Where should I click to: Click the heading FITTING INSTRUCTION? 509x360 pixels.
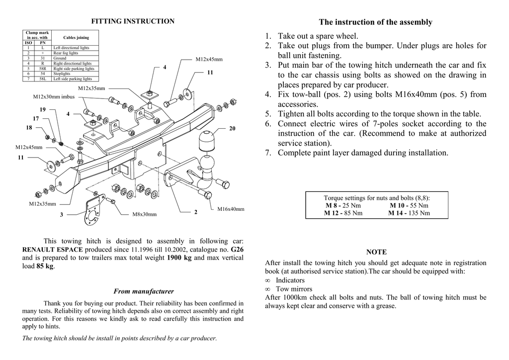[132, 21]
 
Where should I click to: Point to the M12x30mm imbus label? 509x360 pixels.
[53, 97]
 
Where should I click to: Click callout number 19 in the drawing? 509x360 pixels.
[42, 109]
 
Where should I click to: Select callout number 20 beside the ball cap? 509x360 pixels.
[232, 129]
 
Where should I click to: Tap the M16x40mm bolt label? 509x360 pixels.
[231, 209]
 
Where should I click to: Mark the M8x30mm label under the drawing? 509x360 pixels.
[144, 215]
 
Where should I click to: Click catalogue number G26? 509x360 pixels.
[237, 249]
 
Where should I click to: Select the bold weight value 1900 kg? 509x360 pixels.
[179, 258]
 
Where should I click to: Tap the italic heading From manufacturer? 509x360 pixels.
[144, 291]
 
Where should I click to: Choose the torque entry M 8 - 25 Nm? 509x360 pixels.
[343, 205]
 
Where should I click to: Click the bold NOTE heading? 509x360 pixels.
[376, 252]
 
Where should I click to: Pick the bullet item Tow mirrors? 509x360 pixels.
[294, 289]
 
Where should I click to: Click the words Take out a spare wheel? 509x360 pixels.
[318, 36]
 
